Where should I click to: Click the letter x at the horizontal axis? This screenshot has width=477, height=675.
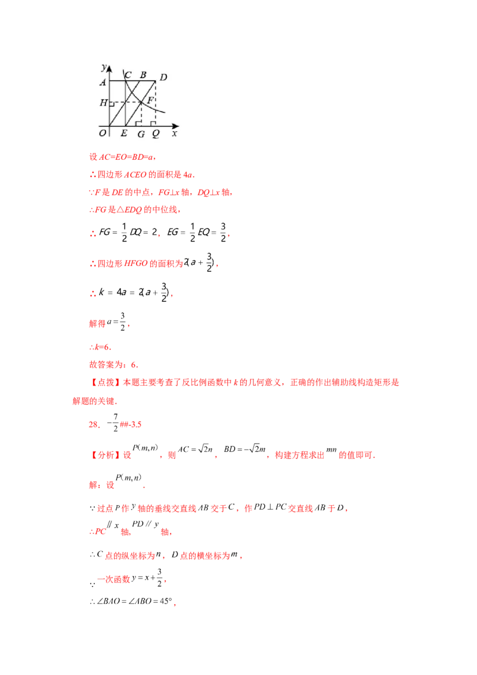pyautogui.click(x=174, y=134)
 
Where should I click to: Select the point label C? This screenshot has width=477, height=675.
pyautogui.click(x=128, y=75)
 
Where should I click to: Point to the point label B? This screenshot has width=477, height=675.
pyautogui.click(x=143, y=75)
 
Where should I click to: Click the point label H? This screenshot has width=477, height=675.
pyautogui.click(x=103, y=103)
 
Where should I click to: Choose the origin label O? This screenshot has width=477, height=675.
pyautogui.click(x=103, y=134)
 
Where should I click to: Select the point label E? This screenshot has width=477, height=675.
pyautogui.click(x=123, y=134)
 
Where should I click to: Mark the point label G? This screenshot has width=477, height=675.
pyautogui.click(x=141, y=135)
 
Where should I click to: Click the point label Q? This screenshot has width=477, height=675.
pyautogui.click(x=156, y=134)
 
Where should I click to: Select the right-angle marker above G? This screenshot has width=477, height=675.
pyautogui.click(x=138, y=123)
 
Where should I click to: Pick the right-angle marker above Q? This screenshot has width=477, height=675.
pyautogui.click(x=153, y=123)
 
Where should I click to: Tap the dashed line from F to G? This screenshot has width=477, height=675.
pyautogui.click(x=141, y=114)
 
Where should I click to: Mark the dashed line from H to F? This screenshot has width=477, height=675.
pyautogui.click(x=125, y=103)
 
